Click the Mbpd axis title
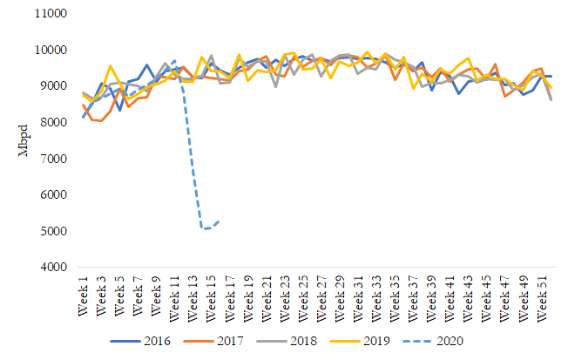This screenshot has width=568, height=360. [x=24, y=141]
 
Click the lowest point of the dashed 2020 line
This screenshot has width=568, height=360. [x=203, y=228]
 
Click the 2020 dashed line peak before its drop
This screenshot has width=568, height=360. [x=175, y=61]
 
